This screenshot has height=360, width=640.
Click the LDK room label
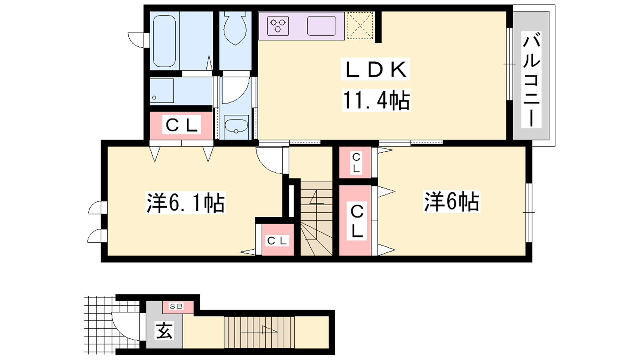376,69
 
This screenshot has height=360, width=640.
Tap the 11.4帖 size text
376,100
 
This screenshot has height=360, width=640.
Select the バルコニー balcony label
531,80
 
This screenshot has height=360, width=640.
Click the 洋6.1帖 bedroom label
186,202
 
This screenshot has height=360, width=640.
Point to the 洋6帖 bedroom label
452,202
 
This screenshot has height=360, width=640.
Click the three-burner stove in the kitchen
278,26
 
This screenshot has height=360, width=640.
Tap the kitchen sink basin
322,26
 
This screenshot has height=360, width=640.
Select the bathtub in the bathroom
164,41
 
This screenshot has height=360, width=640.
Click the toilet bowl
235,28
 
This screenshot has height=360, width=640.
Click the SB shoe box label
176,306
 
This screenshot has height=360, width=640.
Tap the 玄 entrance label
164,330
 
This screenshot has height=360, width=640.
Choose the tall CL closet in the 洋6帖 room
356,220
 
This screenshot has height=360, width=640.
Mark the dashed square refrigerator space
360,26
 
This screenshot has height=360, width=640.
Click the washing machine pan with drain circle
162,90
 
